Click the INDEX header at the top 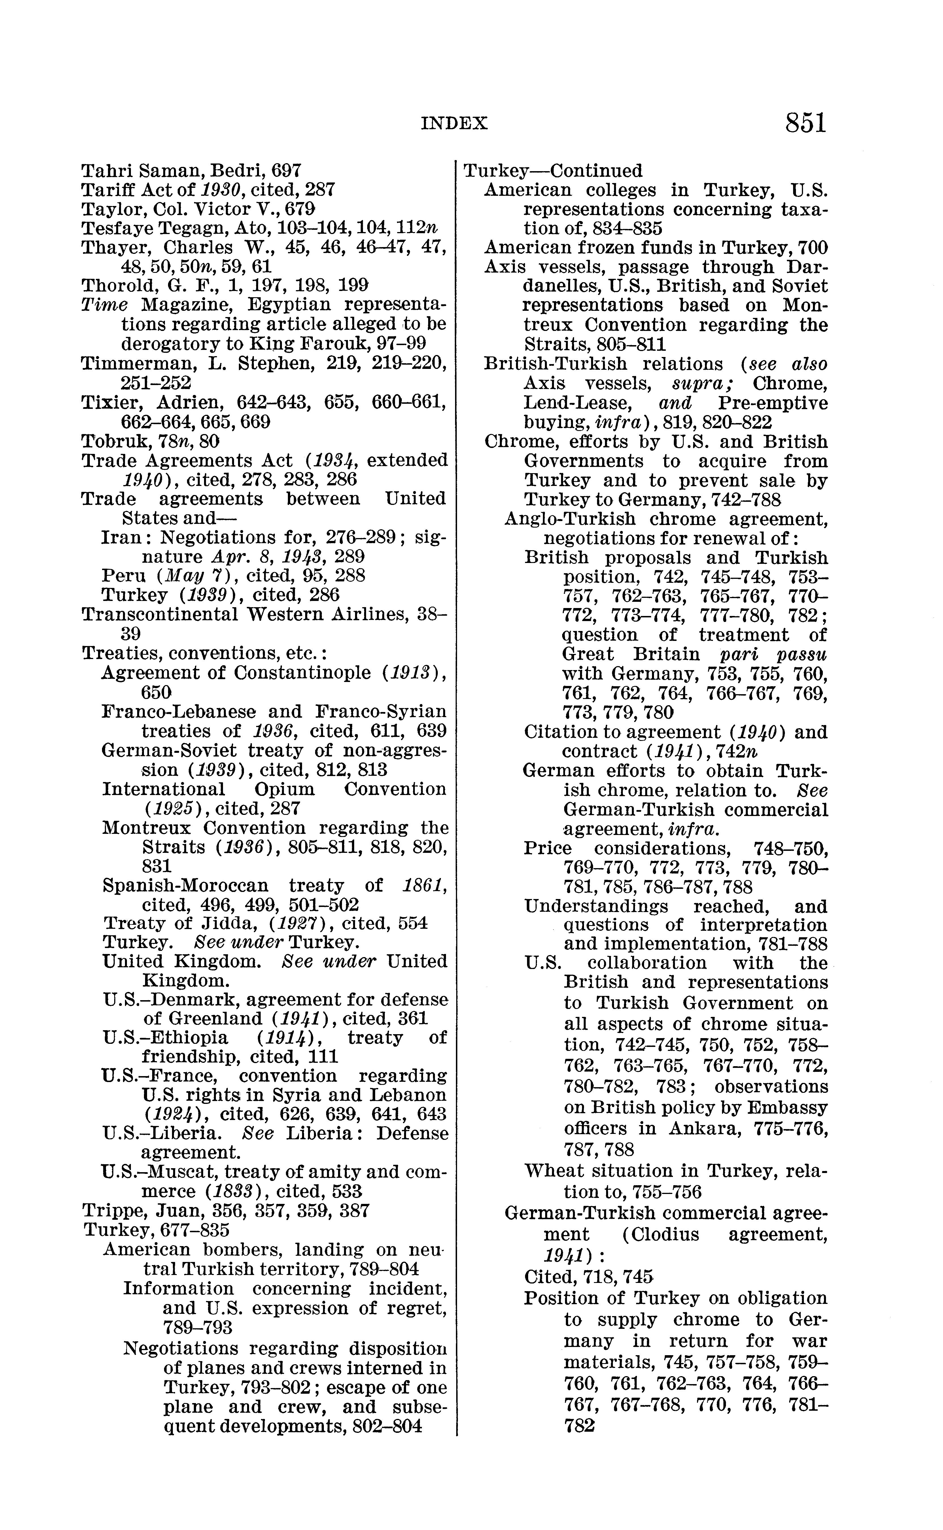[x=454, y=124]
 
